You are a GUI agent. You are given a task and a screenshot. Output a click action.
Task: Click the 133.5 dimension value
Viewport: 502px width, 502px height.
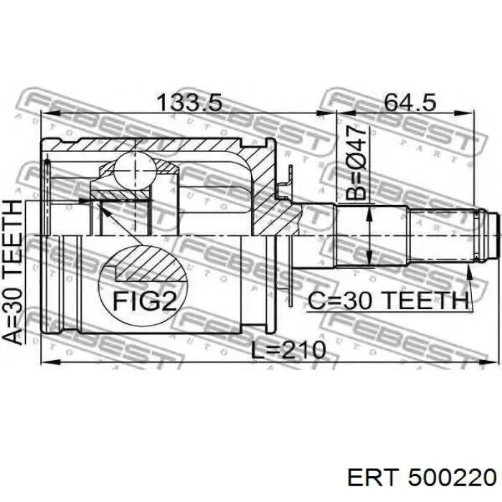tap(189, 103)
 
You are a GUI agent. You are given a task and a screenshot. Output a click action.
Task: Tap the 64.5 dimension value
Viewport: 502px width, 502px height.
tap(409, 103)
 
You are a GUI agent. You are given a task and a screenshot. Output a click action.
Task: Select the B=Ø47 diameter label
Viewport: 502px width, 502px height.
tap(356, 163)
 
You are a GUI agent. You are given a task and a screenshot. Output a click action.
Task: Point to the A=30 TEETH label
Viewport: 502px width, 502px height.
tap(13, 272)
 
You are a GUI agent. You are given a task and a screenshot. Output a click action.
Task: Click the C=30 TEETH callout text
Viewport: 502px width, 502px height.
tap(388, 300)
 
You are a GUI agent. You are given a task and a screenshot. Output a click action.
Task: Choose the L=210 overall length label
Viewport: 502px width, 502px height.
tap(288, 350)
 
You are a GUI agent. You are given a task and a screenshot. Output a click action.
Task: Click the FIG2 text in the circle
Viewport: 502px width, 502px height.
tap(145, 301)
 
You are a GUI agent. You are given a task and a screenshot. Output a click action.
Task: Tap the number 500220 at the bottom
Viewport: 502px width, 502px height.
tap(452, 478)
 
